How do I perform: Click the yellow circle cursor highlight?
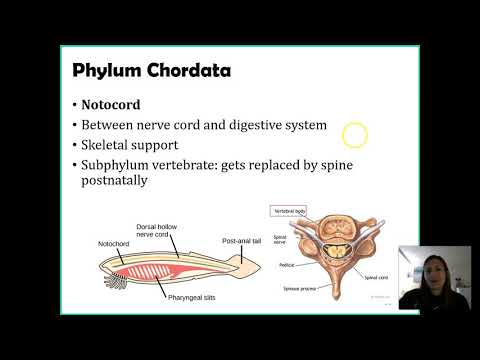(355, 136)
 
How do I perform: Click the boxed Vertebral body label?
(288, 212)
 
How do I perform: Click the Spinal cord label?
(376, 277)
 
